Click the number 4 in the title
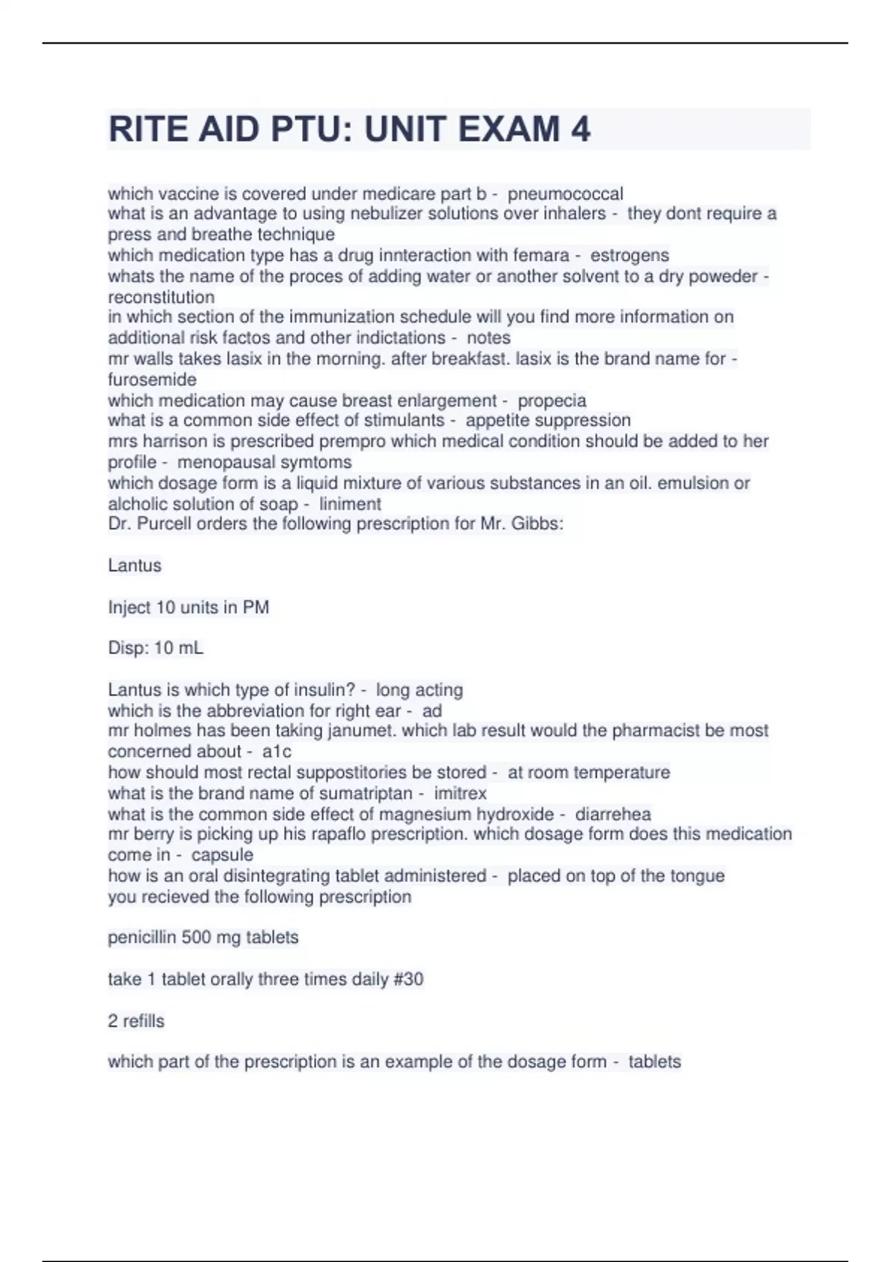click(x=581, y=129)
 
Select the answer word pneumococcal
click(x=566, y=194)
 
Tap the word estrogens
click(x=630, y=255)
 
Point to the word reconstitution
click(x=161, y=297)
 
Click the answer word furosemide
click(x=152, y=379)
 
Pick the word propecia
click(x=552, y=401)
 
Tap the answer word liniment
click(x=350, y=504)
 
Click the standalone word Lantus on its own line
click(x=134, y=566)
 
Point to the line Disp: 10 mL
click(x=155, y=648)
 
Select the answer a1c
click(x=277, y=751)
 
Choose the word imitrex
click(x=460, y=793)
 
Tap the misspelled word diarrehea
click(x=613, y=814)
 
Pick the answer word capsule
click(x=222, y=854)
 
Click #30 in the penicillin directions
click(x=408, y=979)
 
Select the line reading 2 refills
click(x=136, y=1021)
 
